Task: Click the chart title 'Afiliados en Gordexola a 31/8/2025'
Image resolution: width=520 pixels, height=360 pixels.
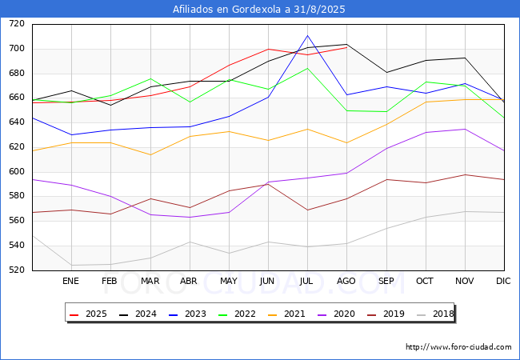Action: (260, 10)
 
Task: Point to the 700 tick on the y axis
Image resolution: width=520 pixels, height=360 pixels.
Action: (17, 49)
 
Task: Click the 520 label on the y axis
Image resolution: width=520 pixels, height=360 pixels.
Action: (17, 270)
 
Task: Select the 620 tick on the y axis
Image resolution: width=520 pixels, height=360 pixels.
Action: (17, 147)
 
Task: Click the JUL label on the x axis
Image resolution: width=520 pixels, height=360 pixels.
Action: (307, 281)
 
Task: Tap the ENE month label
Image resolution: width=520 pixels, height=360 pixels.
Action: (71, 281)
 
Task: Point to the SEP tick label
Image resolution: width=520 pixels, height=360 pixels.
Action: (386, 281)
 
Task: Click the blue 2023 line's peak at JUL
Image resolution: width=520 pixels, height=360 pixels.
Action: (307, 35)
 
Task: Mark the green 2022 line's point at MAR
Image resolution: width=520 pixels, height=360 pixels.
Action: (150, 78)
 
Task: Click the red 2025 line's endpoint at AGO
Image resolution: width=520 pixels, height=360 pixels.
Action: (346, 47)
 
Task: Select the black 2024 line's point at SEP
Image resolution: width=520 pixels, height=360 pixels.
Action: (386, 72)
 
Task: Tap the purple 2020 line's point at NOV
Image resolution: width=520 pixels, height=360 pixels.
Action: (465, 129)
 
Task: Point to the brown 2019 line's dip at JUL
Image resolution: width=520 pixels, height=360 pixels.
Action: (307, 210)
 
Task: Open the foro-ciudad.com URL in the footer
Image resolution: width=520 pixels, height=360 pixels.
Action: (458, 347)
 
